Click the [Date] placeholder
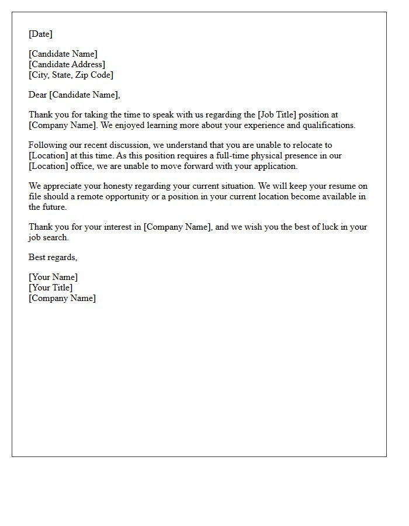point(40,34)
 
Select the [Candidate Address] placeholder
point(67,64)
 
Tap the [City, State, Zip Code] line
point(71,75)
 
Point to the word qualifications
point(328,125)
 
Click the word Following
point(48,145)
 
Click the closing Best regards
point(53,257)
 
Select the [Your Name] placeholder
point(53,277)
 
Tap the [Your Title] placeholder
point(51,288)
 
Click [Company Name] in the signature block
point(62,298)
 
